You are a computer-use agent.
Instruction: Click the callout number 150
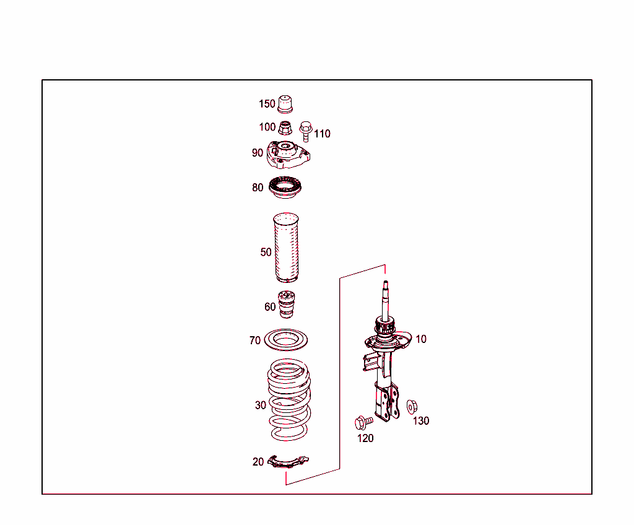pyautogui.click(x=267, y=104)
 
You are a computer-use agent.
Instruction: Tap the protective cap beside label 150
pyautogui.click(x=285, y=105)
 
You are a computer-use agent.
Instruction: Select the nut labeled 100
pyautogui.click(x=285, y=129)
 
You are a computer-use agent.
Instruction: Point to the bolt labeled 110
pyautogui.click(x=305, y=131)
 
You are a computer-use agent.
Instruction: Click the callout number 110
pyautogui.click(x=322, y=134)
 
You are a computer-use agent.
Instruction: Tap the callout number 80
pyautogui.click(x=258, y=188)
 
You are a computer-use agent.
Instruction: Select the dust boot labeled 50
pyautogui.click(x=285, y=248)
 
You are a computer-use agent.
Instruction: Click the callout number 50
pyautogui.click(x=266, y=252)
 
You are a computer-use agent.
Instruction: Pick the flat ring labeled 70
pyautogui.click(x=286, y=340)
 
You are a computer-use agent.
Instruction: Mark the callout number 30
pyautogui.click(x=261, y=406)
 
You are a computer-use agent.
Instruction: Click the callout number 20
pyautogui.click(x=258, y=462)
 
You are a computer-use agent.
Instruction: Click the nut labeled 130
pyautogui.click(x=411, y=407)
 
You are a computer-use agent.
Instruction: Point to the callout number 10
pyautogui.click(x=421, y=339)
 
